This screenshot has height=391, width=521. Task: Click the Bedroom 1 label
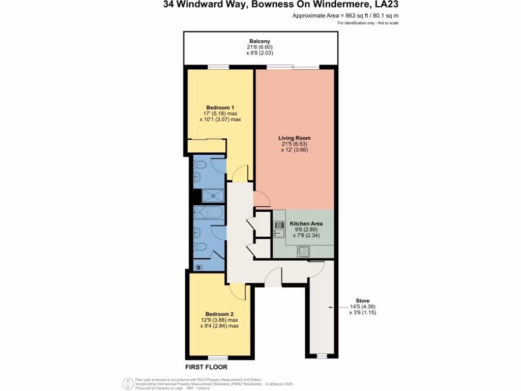click(x=220, y=107)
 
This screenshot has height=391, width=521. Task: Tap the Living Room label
click(x=294, y=138)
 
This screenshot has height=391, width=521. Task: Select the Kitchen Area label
click(x=306, y=224)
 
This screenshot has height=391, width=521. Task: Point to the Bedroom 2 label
click(x=219, y=314)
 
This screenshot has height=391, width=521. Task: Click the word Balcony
click(x=259, y=41)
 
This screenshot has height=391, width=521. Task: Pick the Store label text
click(x=362, y=301)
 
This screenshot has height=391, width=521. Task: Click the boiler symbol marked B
click(x=198, y=267)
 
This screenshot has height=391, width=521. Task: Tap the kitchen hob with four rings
click(x=304, y=251)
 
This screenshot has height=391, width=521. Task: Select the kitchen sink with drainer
click(x=279, y=229)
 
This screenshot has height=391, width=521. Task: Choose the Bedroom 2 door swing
click(x=237, y=291)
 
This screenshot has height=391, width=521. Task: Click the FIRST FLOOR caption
click(x=206, y=367)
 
